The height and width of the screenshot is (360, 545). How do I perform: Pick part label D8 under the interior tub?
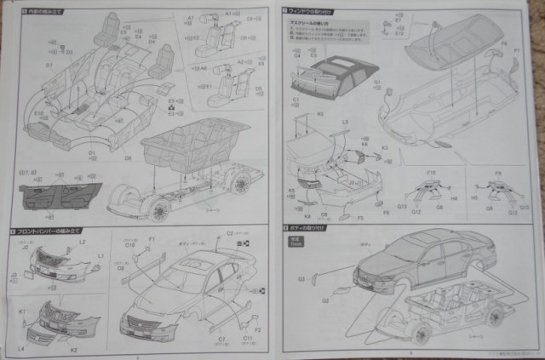coord(128,158)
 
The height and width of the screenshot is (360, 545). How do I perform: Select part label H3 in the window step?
coord(297,113)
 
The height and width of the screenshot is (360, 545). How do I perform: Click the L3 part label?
coord(345,123)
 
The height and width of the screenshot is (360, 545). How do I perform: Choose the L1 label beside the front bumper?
coord(100,255)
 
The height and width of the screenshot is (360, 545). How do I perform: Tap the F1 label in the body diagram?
coord(152,241)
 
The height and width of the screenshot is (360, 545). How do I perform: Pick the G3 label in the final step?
coord(301,277)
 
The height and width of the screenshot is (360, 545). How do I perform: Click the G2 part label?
coord(324,299)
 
